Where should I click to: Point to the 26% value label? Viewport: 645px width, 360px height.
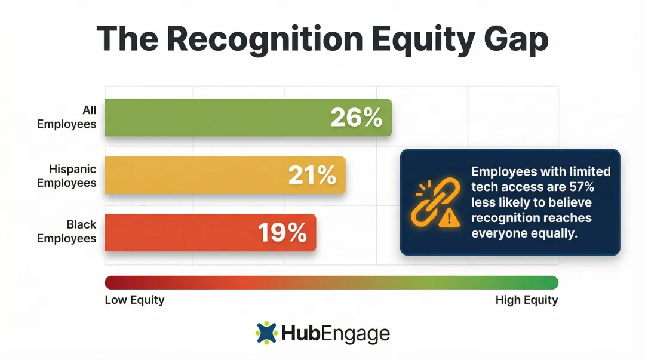[x=356, y=118]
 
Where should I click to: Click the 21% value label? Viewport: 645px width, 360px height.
[x=312, y=175]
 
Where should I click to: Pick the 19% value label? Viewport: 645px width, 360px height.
[x=282, y=233]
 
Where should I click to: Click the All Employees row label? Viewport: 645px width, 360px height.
[x=67, y=118]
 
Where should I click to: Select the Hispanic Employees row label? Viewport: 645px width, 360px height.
[x=67, y=176]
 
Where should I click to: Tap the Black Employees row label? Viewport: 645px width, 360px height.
[x=67, y=232]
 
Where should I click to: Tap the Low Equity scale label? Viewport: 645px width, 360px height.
[x=134, y=300]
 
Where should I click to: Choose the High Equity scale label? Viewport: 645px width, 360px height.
[x=527, y=300]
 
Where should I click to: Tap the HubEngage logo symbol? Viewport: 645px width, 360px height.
[x=267, y=333]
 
